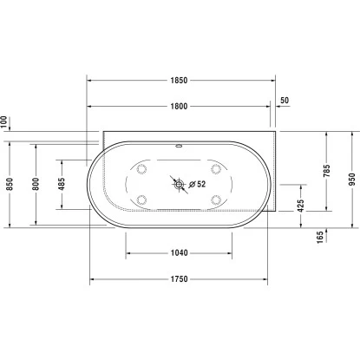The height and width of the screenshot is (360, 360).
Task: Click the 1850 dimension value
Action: point(180,79)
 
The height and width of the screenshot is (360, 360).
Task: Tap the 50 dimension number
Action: point(286,101)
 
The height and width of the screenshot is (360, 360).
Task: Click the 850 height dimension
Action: point(8,184)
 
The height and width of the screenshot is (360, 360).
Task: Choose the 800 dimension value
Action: point(36,184)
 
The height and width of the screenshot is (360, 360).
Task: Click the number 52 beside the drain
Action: point(200,184)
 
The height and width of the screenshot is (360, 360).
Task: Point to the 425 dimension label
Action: point(300,206)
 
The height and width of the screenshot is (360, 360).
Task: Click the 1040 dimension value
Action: point(180,253)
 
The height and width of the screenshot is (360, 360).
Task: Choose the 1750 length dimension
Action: point(180,279)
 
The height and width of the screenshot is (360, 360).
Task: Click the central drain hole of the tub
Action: point(180,184)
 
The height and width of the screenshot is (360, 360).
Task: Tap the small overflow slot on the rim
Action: point(180,145)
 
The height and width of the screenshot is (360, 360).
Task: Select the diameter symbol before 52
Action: point(190,184)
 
